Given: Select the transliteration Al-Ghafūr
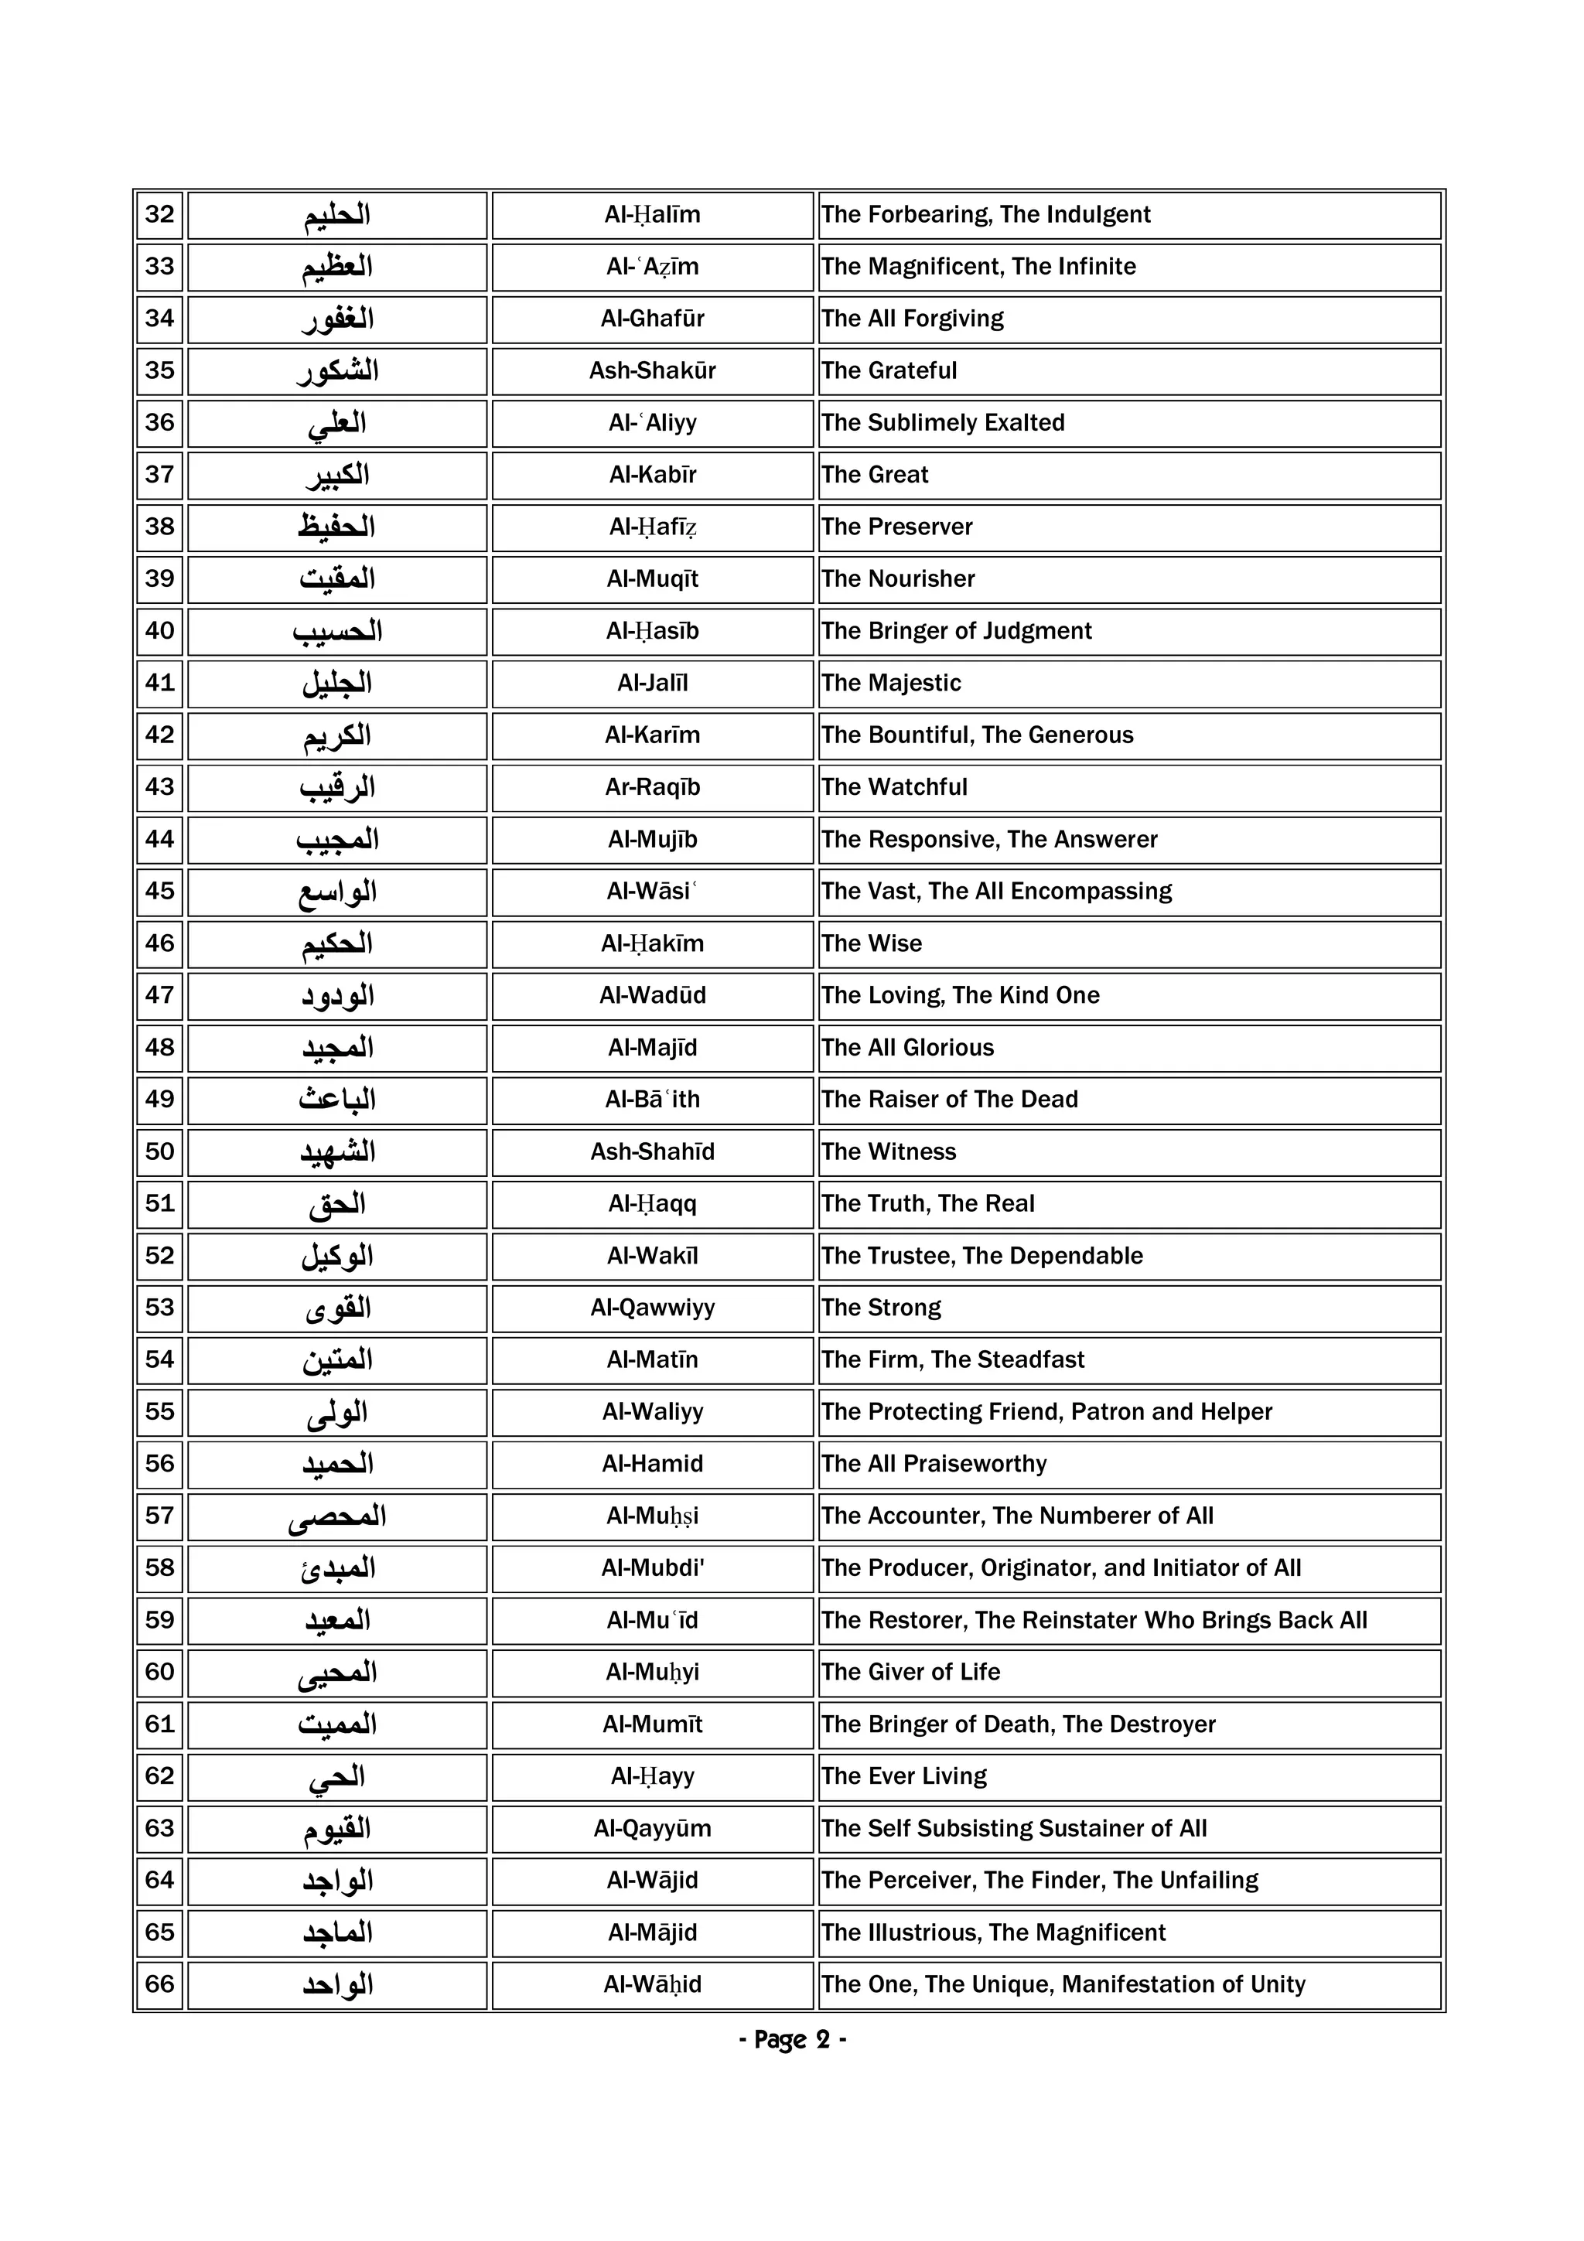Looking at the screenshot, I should [652, 318].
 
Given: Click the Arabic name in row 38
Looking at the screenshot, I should [336, 527].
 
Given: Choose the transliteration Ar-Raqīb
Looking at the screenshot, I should [652, 786].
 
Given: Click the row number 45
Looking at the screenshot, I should [159, 890].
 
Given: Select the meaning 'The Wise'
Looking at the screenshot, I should [871, 943].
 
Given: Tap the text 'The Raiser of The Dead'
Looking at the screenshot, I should [949, 1099].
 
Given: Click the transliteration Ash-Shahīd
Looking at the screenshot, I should [652, 1151].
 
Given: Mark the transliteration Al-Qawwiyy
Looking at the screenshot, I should [652, 1308].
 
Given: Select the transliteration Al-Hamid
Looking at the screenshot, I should [652, 1463].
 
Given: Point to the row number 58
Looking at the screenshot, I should [159, 1567].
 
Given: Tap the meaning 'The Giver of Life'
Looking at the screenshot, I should [910, 1672].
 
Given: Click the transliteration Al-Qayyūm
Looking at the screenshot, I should [652, 1828].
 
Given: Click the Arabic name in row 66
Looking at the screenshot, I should [336, 1985].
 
